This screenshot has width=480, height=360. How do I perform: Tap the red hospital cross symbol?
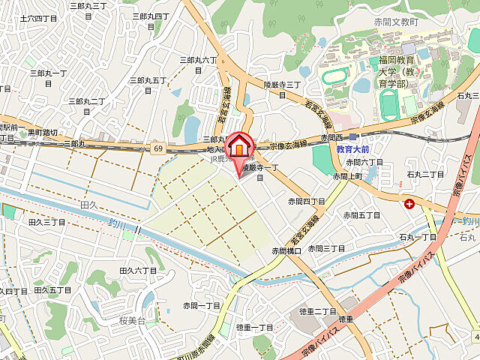pyautogui.click(x=409, y=203)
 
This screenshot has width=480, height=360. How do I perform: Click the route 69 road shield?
pyautogui.click(x=158, y=148)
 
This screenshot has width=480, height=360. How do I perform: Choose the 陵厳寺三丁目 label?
pyautogui.click(x=282, y=89)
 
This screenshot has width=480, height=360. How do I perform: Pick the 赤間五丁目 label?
pyautogui.click(x=361, y=214)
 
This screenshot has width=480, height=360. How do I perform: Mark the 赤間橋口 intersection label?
pyautogui.click(x=286, y=250)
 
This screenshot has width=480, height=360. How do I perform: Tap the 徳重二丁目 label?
pyautogui.click(x=319, y=311)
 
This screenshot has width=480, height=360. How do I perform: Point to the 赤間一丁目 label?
pyautogui.click(x=202, y=305)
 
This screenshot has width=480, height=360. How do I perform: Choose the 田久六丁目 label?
pyautogui.click(x=138, y=270)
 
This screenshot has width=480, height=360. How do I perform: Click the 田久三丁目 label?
pyautogui.click(x=46, y=223)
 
